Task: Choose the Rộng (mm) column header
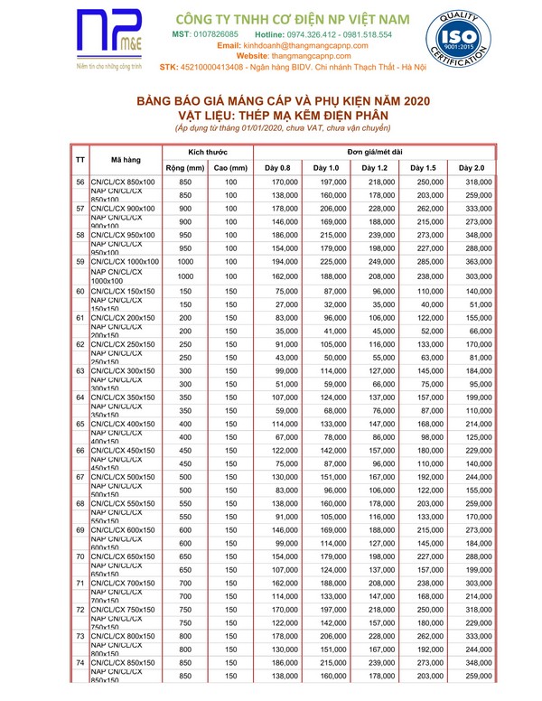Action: pos(185,168)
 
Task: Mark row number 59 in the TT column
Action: pos(79,262)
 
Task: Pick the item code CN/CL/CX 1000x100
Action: pos(126,262)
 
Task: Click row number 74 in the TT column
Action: pos(79,664)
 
